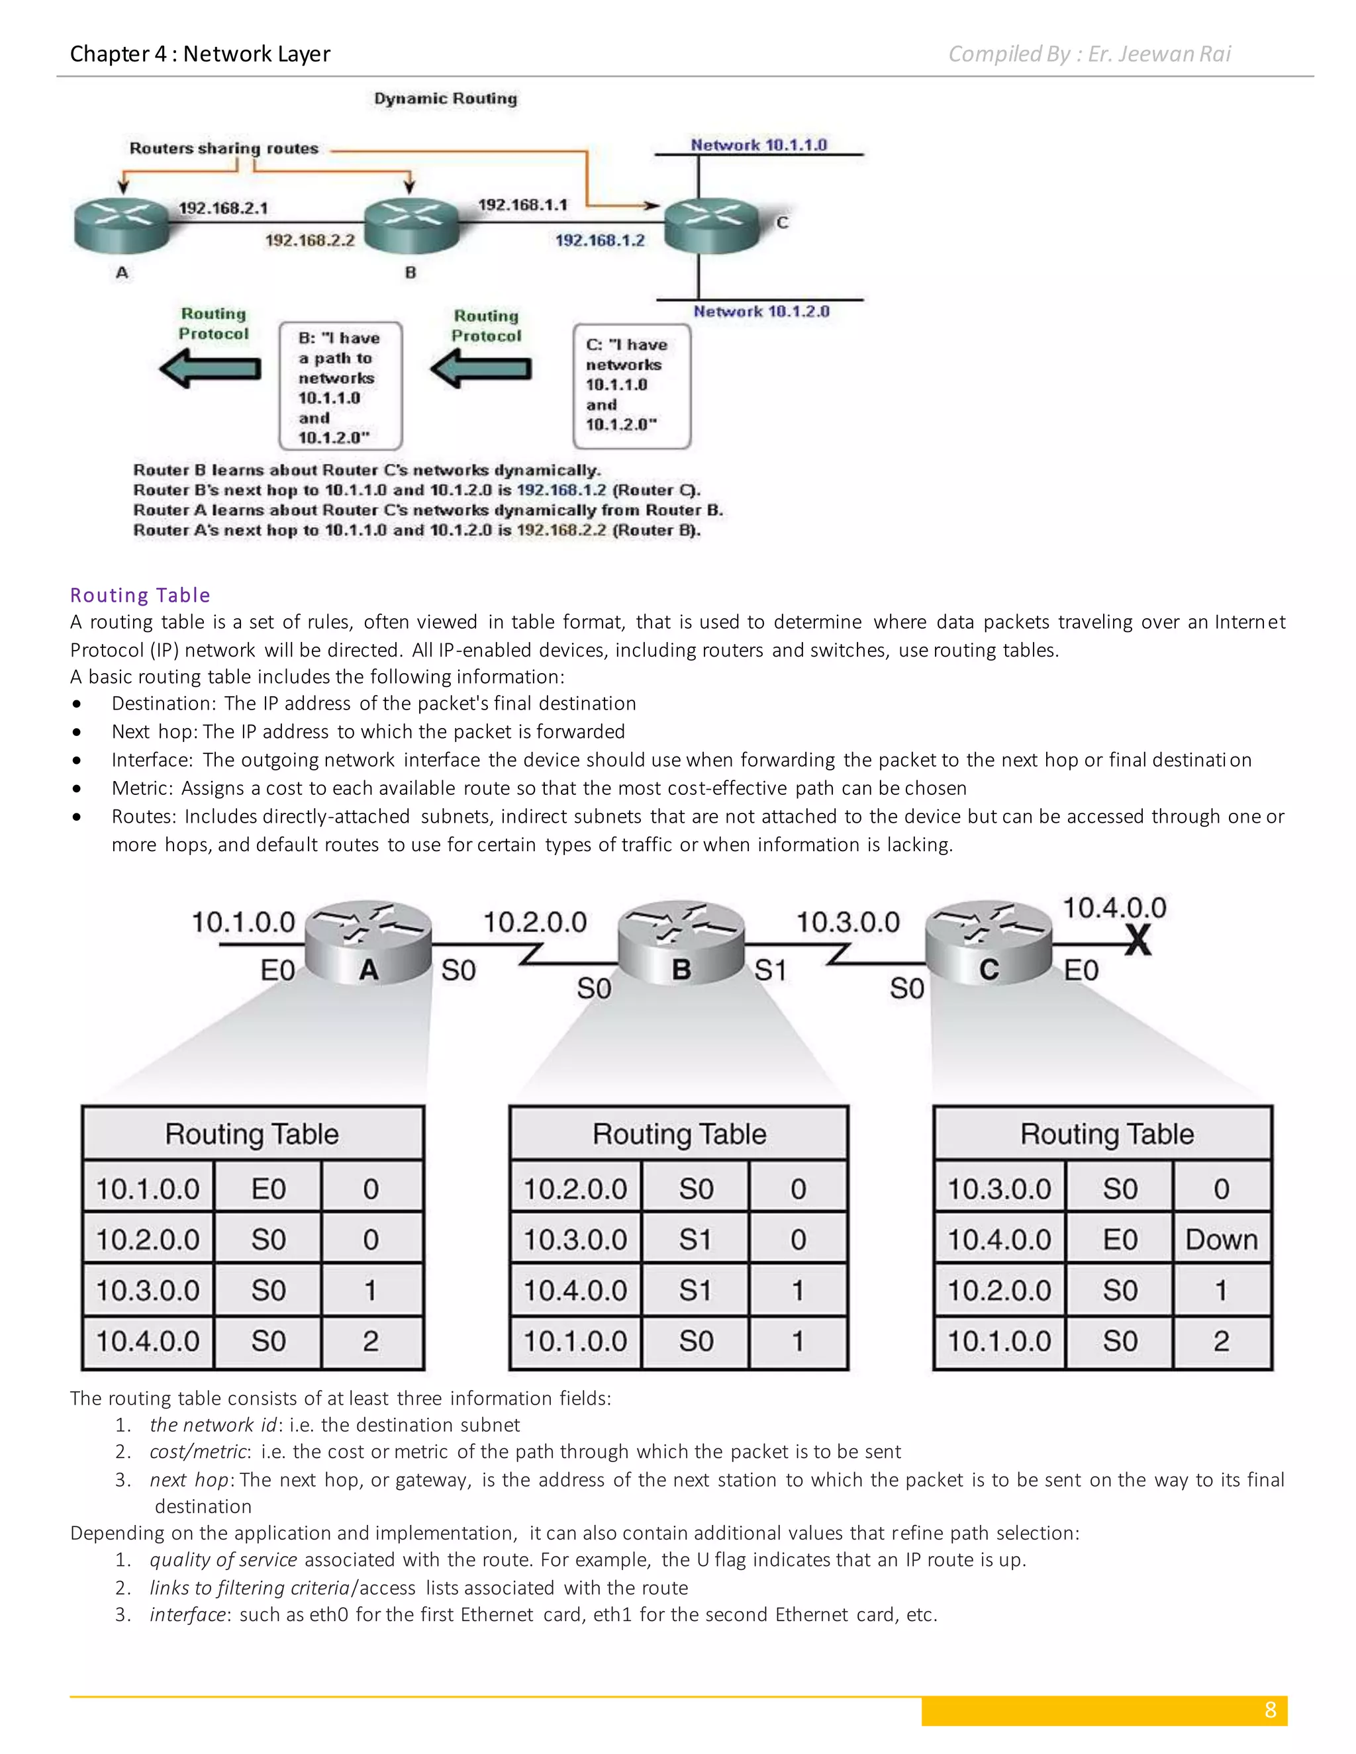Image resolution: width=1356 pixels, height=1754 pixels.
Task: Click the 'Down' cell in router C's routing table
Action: pyautogui.click(x=1221, y=1239)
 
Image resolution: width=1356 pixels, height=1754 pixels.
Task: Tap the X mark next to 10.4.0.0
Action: pyautogui.click(x=1138, y=940)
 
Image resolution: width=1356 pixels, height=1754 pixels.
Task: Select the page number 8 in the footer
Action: pyautogui.click(x=1270, y=1710)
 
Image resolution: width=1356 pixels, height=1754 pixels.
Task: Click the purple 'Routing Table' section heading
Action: pyautogui.click(x=140, y=595)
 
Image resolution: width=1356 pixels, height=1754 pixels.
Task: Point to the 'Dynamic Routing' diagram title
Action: pyautogui.click(x=445, y=99)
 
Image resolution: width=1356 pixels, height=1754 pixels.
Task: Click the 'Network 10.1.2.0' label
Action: pyautogui.click(x=761, y=312)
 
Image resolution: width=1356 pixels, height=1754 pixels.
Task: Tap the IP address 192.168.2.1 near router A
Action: pyautogui.click(x=222, y=208)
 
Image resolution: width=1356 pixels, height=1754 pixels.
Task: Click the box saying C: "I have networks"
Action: pyautogui.click(x=632, y=385)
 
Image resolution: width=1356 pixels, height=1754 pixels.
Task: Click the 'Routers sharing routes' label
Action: pyautogui.click(x=224, y=148)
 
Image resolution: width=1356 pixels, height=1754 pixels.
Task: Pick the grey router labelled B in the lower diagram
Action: pyautogui.click(x=681, y=944)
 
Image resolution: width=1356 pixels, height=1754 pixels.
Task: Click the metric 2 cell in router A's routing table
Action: pyautogui.click(x=370, y=1341)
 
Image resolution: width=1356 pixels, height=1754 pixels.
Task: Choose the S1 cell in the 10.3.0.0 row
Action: pyautogui.click(x=695, y=1239)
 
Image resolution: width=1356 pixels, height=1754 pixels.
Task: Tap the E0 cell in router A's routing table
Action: pyautogui.click(x=268, y=1189)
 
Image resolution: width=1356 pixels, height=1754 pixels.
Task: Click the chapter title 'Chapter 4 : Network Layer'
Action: pyautogui.click(x=200, y=54)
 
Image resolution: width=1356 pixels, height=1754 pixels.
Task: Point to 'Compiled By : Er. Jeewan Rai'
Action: pyautogui.click(x=1089, y=54)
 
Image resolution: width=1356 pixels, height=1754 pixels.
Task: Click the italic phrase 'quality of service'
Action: pyautogui.click(x=223, y=1559)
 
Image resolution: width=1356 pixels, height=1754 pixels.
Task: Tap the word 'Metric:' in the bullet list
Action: pyautogui.click(x=142, y=788)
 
